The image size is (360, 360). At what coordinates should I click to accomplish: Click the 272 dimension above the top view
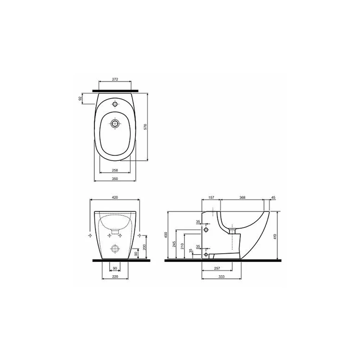[x=115, y=79]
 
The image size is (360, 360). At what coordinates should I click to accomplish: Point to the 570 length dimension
[x=145, y=127]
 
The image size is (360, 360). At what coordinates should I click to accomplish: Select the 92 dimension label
[x=80, y=99]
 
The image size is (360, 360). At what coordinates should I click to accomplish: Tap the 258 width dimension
[x=115, y=170]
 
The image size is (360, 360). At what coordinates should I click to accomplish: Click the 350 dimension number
[x=115, y=179]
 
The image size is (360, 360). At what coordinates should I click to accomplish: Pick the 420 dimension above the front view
[x=115, y=197]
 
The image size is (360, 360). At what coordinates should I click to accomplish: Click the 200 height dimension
[x=144, y=247]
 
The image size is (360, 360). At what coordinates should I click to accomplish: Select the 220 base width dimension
[x=115, y=277]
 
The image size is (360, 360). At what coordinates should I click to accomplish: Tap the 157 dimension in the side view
[x=211, y=197]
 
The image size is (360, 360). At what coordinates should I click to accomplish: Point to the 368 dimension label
[x=242, y=197]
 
